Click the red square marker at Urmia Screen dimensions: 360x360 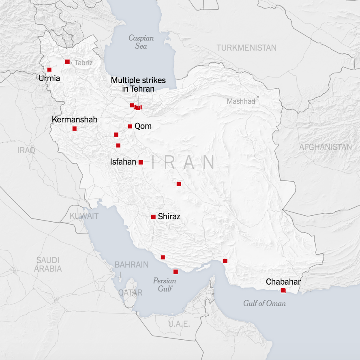point(49,69)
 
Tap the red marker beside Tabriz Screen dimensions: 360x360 point(67,62)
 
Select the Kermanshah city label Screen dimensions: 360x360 point(75,120)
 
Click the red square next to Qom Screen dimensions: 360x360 point(130,126)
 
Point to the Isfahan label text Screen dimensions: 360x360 point(123,162)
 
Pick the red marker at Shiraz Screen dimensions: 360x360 point(153,217)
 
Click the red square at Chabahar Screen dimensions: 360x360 point(283,290)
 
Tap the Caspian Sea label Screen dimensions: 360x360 point(141,42)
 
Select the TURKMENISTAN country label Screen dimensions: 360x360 point(246,48)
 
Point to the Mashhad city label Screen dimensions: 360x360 point(241,101)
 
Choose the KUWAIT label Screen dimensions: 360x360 point(84,216)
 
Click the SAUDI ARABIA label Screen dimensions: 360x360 point(48,264)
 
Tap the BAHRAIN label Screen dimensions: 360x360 point(131,265)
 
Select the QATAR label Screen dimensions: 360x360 point(130,292)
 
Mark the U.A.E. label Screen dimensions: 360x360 point(179,324)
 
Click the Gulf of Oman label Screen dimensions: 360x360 point(264,303)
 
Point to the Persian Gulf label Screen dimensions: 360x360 point(165,285)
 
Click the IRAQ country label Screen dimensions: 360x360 point(26,150)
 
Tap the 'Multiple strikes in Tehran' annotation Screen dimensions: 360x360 point(138,85)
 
